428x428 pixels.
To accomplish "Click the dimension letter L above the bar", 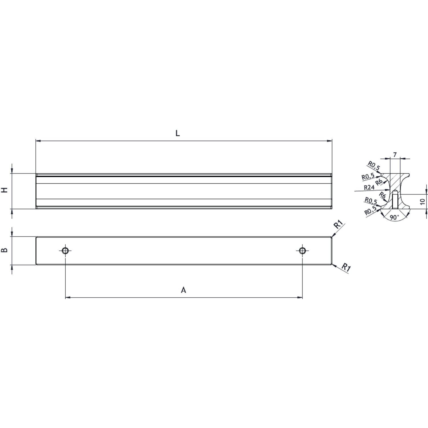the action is [x=177, y=133].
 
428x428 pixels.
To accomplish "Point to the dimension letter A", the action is [x=183, y=290].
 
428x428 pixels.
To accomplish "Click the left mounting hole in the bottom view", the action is [x=65, y=251].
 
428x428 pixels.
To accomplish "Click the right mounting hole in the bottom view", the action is [x=302, y=251].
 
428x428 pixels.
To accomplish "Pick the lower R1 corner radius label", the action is [x=346, y=267].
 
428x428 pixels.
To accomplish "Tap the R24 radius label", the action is [x=369, y=187].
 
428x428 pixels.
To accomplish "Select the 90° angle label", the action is [x=394, y=217].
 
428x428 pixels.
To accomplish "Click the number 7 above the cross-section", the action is [x=395, y=155].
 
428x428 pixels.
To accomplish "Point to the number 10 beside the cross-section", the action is [x=423, y=201].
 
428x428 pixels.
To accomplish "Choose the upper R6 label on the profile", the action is [x=379, y=182].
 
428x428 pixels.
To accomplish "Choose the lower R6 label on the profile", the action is [x=382, y=195].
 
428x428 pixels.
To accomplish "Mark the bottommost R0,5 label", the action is [x=370, y=211].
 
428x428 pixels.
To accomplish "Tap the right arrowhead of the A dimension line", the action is [x=300, y=298].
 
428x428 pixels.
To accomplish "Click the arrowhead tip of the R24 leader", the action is [x=390, y=189].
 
